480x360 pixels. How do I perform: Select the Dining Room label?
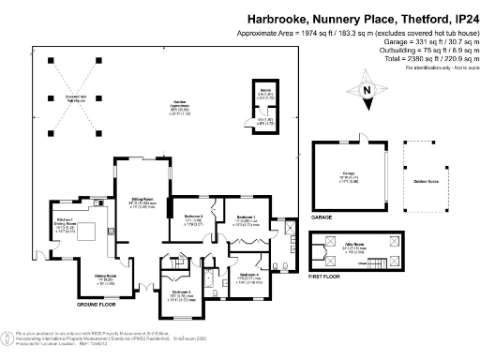click(104, 276)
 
